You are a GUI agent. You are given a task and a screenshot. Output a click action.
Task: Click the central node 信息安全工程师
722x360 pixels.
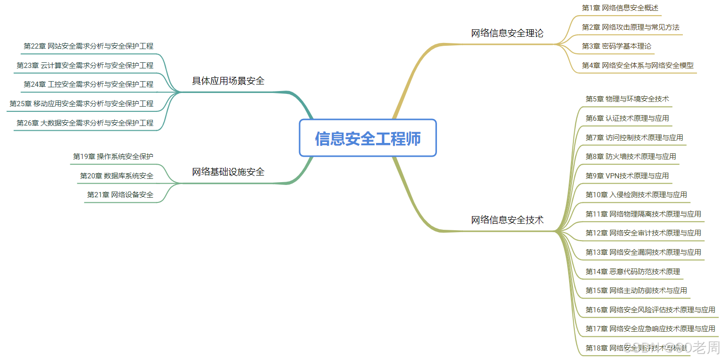(x=368, y=138)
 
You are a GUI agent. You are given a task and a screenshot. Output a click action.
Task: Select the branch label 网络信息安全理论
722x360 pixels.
(x=507, y=33)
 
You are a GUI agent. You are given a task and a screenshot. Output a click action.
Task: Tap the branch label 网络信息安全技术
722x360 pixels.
(x=507, y=219)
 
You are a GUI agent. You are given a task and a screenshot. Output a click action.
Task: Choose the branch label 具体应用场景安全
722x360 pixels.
(x=228, y=81)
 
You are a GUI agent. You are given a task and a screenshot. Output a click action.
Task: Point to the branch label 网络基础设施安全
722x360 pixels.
(x=228, y=172)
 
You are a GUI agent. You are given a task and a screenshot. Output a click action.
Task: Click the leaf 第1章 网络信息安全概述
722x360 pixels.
(x=620, y=8)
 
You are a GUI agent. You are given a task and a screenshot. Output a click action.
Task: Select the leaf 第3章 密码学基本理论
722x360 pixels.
(x=616, y=46)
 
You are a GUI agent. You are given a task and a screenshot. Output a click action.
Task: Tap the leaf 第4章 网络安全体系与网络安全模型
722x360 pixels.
(x=638, y=66)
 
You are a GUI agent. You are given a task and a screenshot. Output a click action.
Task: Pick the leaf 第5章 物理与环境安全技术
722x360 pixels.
(x=627, y=99)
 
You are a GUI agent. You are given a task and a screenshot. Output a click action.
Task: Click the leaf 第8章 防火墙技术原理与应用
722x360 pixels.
(x=630, y=156)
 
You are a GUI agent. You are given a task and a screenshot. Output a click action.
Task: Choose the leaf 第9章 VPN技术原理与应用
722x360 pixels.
(x=627, y=176)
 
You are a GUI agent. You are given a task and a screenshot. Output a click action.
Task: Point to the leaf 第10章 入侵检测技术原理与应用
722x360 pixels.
(x=636, y=194)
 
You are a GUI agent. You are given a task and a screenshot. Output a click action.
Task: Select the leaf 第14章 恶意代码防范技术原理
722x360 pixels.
(x=632, y=271)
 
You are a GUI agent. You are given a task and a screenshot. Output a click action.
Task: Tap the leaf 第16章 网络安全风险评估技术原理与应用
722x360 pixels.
(x=650, y=310)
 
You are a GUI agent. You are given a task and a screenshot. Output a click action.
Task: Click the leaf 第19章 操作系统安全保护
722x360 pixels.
(x=113, y=156)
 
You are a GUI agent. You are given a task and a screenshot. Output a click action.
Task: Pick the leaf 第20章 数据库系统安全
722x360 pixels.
(x=117, y=176)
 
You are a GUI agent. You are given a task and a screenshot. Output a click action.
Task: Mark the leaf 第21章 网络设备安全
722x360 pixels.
(x=120, y=194)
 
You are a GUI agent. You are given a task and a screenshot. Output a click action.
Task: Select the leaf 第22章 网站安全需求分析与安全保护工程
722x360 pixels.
(x=88, y=46)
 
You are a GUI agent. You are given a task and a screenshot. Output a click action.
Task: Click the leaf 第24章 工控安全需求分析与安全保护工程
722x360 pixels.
(x=88, y=84)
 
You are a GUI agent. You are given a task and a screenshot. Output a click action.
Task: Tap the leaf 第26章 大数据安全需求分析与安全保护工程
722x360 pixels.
(x=85, y=123)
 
